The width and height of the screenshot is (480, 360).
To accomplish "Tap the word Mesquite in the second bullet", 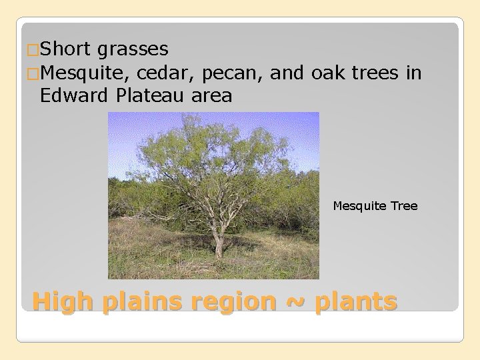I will [x=83, y=72].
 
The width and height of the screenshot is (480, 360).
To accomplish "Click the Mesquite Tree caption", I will [x=375, y=206].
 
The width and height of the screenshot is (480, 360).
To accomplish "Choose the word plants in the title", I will [x=355, y=302].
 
